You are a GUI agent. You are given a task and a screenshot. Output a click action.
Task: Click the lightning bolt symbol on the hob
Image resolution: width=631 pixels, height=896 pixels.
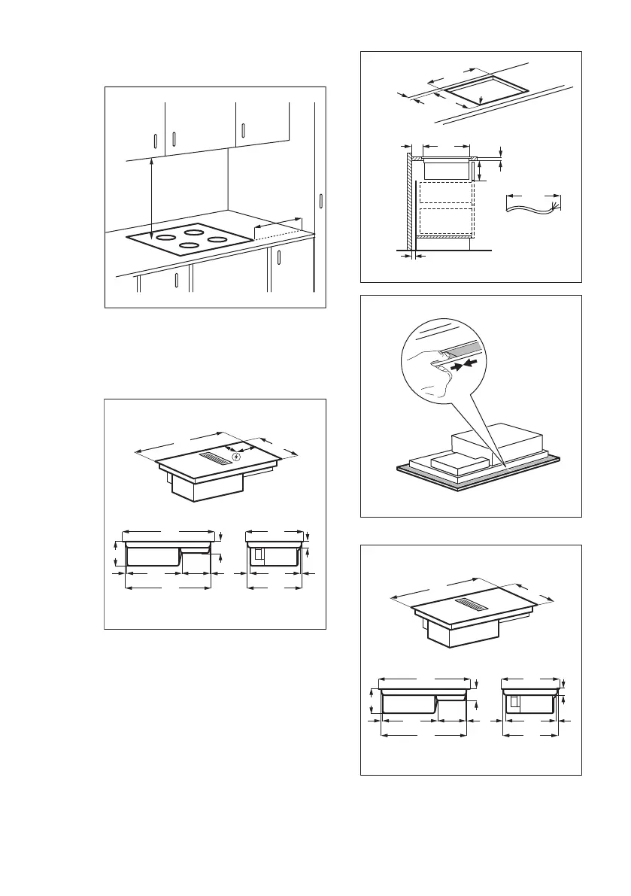point(238,457)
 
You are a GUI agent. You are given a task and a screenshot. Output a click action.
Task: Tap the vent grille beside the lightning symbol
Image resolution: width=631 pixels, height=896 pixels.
point(216,457)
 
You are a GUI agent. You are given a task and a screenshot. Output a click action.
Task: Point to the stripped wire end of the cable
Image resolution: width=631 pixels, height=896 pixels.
point(555,206)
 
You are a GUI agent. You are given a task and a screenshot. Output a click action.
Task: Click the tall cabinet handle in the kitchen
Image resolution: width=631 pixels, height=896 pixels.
point(321,202)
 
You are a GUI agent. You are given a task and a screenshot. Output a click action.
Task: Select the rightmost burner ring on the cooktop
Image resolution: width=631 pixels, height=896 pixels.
point(217,240)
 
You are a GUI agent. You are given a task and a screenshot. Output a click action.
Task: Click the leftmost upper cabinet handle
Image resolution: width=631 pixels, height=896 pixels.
point(154,142)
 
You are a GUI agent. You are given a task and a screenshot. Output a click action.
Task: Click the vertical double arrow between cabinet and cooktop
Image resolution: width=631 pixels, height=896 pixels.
point(152,200)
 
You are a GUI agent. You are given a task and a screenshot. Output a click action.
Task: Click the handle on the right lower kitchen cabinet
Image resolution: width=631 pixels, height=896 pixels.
point(278,257)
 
